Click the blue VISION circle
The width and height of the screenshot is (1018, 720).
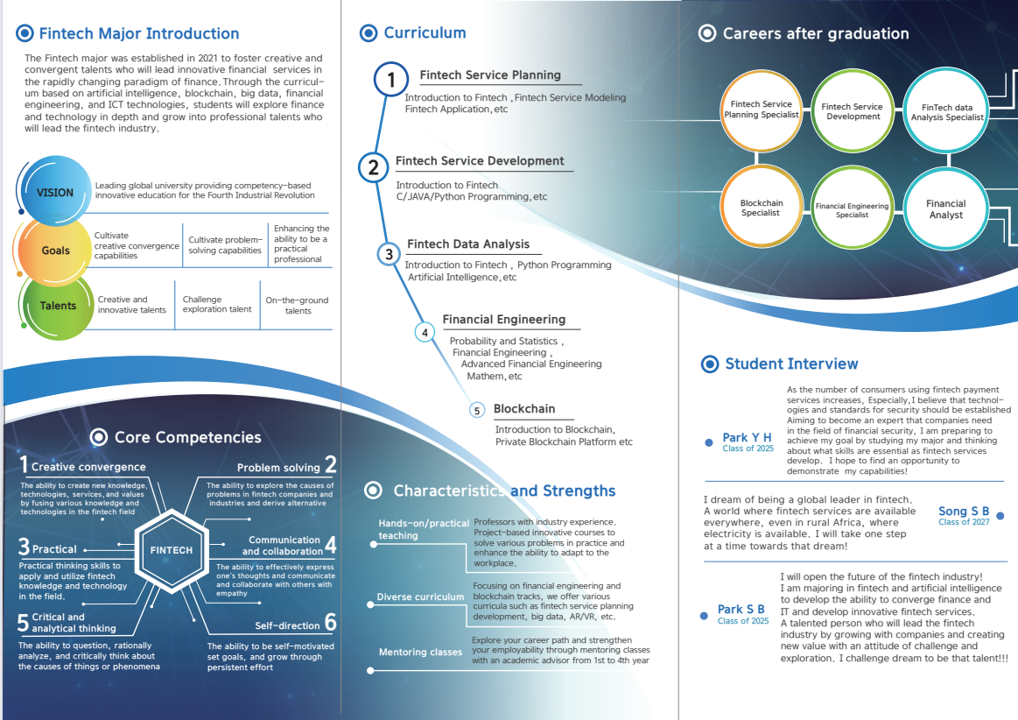pyautogui.click(x=55, y=192)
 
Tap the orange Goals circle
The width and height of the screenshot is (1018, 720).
pyautogui.click(x=56, y=251)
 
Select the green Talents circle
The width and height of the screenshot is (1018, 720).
pyautogui.click(x=58, y=306)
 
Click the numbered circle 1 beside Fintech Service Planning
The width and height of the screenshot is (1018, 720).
pyautogui.click(x=391, y=81)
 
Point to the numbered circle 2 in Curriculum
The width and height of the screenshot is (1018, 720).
pyautogui.click(x=374, y=166)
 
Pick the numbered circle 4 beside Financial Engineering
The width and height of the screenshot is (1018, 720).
pyautogui.click(x=425, y=332)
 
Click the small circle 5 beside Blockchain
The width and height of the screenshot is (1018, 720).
pyautogui.click(x=477, y=410)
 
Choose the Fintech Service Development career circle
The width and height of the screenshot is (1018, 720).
pyautogui.click(x=853, y=111)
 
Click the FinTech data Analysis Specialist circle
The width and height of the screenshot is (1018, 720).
pyautogui.click(x=946, y=111)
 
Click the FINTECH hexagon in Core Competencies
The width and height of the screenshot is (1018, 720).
pyautogui.click(x=172, y=550)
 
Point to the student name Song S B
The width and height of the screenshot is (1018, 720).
pyautogui.click(x=964, y=512)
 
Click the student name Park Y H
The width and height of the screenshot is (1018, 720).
pyautogui.click(x=748, y=437)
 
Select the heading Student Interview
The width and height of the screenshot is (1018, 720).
pyautogui.click(x=791, y=364)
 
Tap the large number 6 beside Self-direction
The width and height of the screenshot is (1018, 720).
pyautogui.click(x=330, y=623)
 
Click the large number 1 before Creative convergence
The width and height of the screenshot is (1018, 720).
pyautogui.click(x=24, y=465)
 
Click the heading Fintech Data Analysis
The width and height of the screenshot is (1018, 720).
pyautogui.click(x=468, y=244)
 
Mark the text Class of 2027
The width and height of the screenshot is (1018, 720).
pyautogui.click(x=964, y=522)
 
